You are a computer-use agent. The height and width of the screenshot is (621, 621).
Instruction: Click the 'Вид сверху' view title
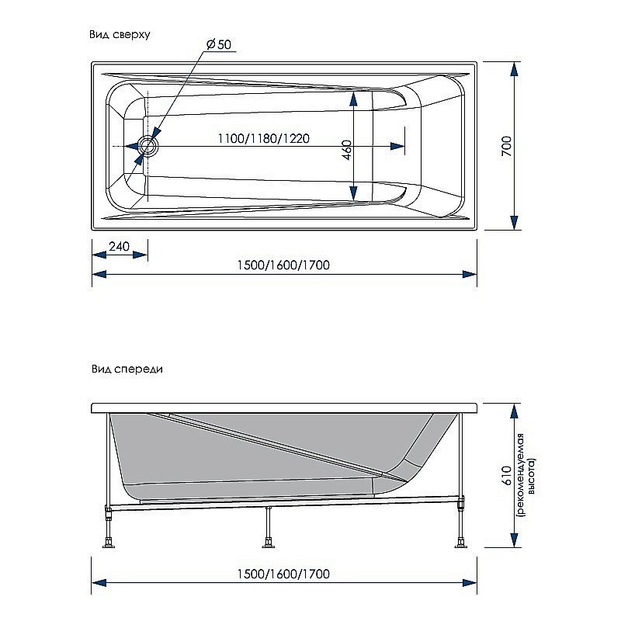pos(119,35)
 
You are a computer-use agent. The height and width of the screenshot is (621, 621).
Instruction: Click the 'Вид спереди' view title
pos(125,369)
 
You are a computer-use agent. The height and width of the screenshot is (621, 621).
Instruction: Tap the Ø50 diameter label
pos(219,45)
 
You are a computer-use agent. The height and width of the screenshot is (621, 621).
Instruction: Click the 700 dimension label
pos(506,145)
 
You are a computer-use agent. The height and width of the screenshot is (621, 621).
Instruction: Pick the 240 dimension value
pos(119,247)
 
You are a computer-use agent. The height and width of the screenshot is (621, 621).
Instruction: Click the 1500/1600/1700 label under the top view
pos(284,265)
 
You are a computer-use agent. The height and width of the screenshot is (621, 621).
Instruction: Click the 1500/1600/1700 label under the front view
pos(284,574)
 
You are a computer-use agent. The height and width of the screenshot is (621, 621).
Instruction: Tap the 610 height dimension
pos(506,475)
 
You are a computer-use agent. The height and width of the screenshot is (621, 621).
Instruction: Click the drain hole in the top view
pos(147,145)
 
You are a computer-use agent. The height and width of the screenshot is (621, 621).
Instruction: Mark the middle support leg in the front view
pos(269,528)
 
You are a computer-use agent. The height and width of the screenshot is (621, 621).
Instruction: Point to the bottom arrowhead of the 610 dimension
pos(514,539)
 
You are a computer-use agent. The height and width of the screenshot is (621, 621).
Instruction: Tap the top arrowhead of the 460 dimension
pos(354,97)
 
